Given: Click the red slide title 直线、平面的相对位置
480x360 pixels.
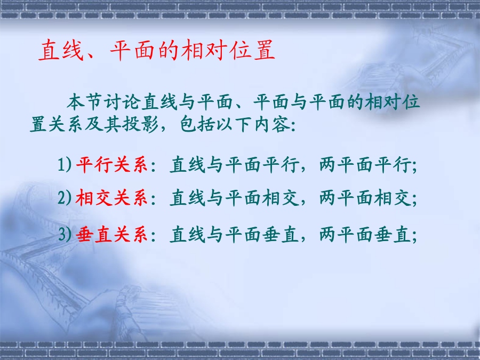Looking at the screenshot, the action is [x=157, y=50].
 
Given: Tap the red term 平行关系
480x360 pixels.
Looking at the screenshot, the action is [x=112, y=165].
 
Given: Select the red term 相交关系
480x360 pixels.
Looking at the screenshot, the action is [x=112, y=197].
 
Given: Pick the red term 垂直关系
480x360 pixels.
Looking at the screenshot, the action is [x=112, y=235].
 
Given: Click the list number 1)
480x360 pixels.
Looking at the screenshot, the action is [x=65, y=164].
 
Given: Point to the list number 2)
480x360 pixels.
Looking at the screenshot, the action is [x=65, y=197].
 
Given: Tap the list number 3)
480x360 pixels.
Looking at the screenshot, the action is [x=65, y=235].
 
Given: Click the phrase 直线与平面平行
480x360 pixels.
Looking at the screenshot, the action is [x=235, y=165].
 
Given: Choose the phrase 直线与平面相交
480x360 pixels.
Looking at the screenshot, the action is [x=235, y=197].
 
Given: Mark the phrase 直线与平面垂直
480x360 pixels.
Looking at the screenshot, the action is [x=235, y=235].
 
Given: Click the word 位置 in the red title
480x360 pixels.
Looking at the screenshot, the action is [x=252, y=50].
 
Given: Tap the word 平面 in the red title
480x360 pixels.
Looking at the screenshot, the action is [x=132, y=50].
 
